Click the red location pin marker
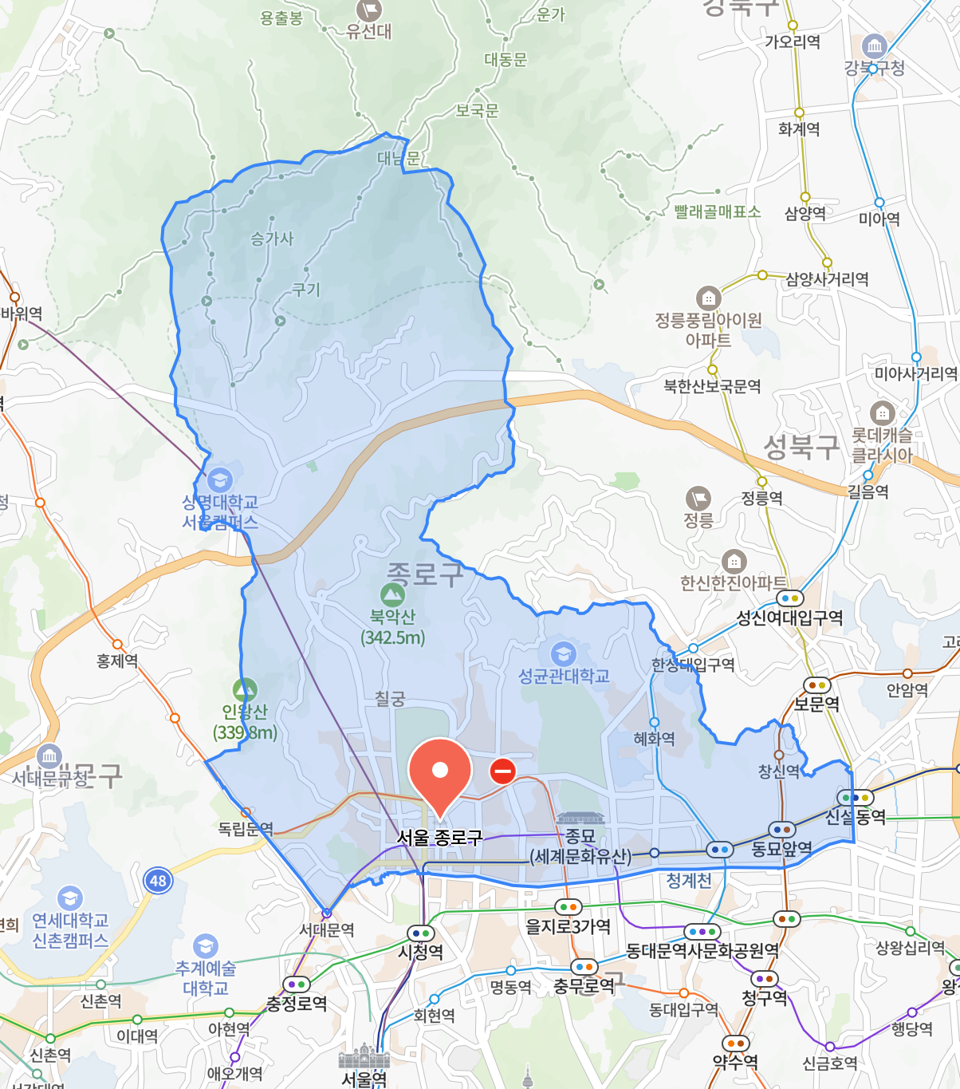point(439,771)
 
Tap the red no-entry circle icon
point(502,771)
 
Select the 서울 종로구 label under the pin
point(439,838)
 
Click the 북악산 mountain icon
point(392,594)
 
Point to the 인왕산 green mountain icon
point(245,689)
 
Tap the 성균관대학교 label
point(564,677)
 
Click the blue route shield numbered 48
point(158,881)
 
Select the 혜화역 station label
point(654,739)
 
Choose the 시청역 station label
point(420,952)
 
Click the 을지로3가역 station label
point(568,926)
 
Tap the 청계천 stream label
point(689,880)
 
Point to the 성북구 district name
point(801,447)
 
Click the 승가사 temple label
point(272,239)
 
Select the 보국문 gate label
point(477,111)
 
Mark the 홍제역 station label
point(117,661)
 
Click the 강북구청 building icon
point(875,46)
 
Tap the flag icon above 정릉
point(698,499)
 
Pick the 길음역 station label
point(868,491)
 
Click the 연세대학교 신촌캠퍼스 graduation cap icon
point(69,898)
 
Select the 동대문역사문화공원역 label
point(702,950)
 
